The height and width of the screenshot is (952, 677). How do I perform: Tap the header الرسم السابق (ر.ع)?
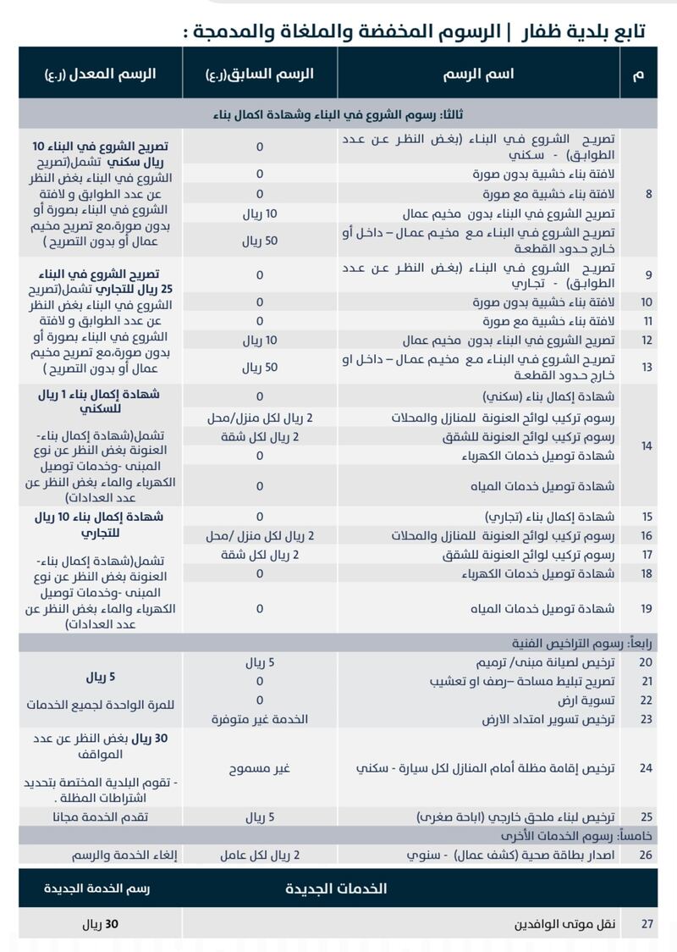[x=259, y=74]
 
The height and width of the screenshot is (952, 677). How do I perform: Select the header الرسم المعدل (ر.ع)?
[x=101, y=74]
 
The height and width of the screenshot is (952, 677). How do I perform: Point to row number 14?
[x=648, y=445]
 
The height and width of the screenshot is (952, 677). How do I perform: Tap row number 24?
[x=647, y=768]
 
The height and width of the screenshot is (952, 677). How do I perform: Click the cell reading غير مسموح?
[x=260, y=768]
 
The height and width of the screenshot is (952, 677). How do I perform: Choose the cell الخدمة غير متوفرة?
[x=260, y=718]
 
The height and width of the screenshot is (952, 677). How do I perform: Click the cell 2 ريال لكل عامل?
[x=260, y=855]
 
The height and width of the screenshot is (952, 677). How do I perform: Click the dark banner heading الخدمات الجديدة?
[x=338, y=888]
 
